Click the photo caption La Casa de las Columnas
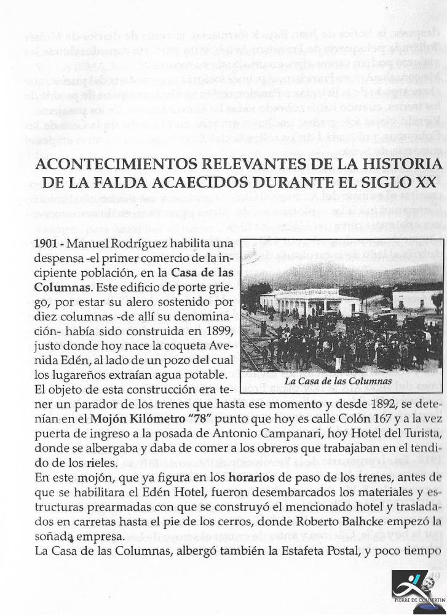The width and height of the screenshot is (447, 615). (338, 381)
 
